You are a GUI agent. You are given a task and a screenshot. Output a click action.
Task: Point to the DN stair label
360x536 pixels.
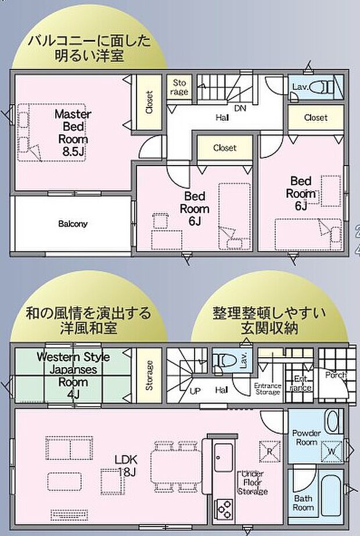coord(240,109)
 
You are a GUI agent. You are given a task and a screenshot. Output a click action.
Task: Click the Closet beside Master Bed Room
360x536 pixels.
coord(149,102)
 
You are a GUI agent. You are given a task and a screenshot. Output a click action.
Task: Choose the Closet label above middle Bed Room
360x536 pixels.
coord(225,148)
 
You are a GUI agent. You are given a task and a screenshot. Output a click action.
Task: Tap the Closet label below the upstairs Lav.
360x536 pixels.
coord(316,117)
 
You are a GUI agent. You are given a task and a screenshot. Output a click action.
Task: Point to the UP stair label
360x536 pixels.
coord(196,390)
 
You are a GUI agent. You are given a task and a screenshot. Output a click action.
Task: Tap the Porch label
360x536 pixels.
coord(336,375)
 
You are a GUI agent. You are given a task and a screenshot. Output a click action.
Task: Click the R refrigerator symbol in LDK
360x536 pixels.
coord(270,448)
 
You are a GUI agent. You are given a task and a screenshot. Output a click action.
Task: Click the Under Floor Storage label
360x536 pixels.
coord(251,483)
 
